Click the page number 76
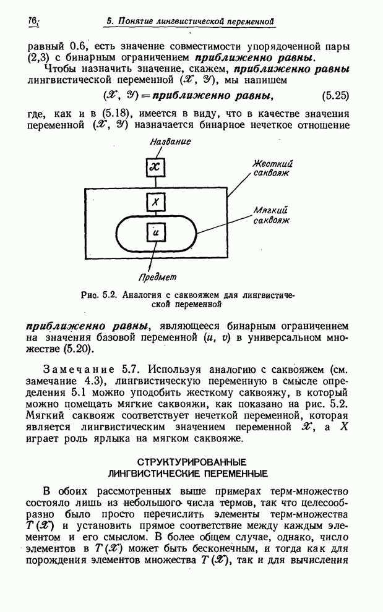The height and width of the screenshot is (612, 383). [x=32, y=22]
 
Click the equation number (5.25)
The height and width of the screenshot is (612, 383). [x=336, y=96]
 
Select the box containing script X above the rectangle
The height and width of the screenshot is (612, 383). [x=156, y=166]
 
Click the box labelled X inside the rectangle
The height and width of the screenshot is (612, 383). [x=156, y=202]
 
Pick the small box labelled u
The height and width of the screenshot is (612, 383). [x=156, y=233]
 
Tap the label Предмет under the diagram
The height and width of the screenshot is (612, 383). [x=157, y=277]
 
